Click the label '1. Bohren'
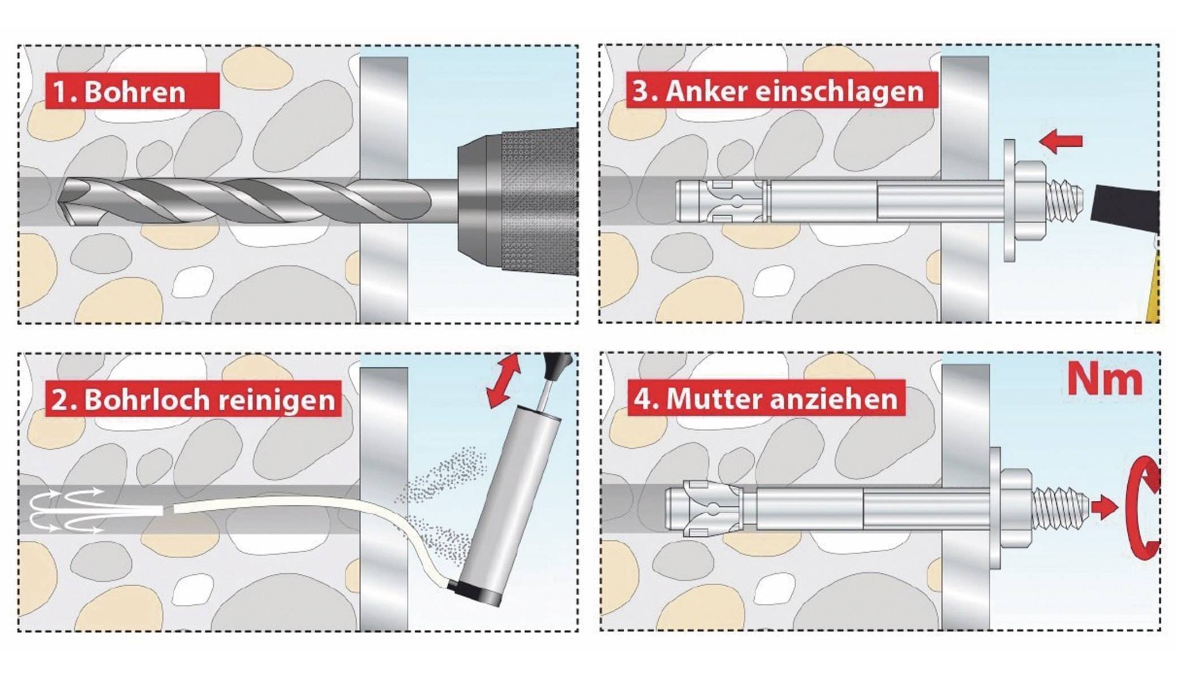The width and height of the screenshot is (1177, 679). point(131,91)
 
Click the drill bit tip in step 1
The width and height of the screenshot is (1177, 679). point(66,202)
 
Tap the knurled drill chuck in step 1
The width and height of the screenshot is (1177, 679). point(538,202)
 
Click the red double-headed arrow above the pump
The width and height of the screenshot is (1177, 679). point(504,380)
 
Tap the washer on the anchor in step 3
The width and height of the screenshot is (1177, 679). point(1009,201)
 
